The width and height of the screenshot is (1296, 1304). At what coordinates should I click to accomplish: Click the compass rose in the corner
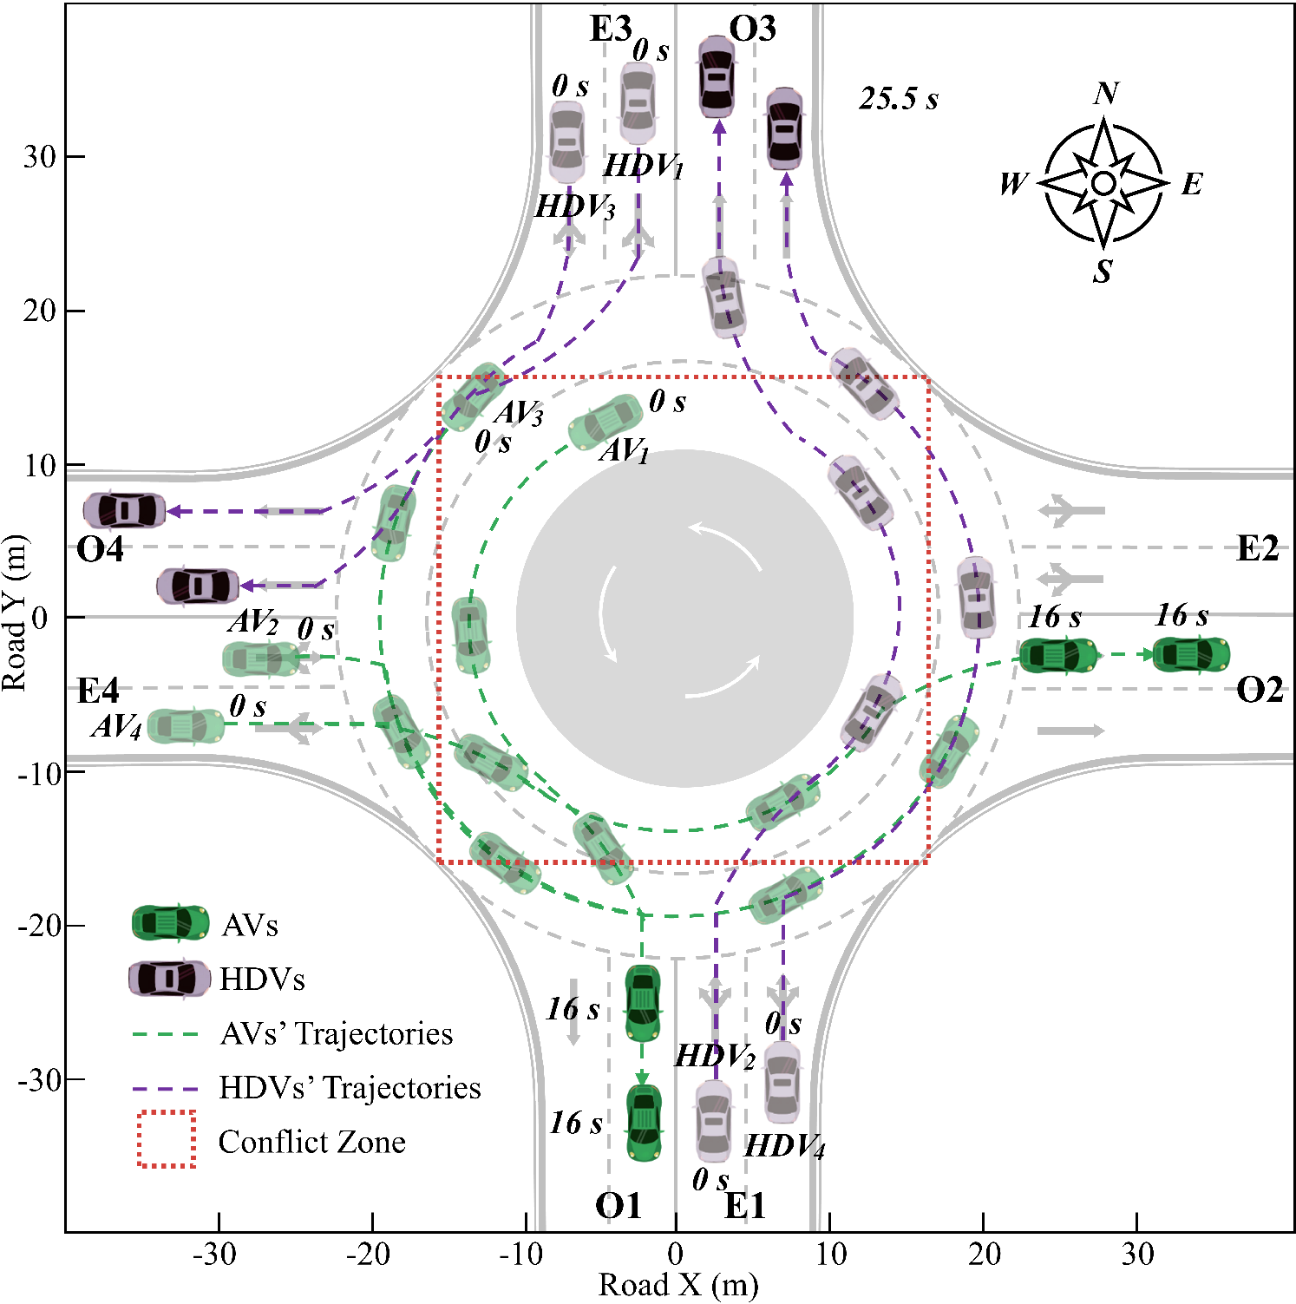click(x=1103, y=183)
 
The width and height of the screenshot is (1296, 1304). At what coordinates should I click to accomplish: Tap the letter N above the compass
click(x=1106, y=93)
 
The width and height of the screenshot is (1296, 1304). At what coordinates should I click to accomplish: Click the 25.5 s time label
click(x=899, y=99)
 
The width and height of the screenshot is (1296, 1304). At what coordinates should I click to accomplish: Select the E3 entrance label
click(x=610, y=29)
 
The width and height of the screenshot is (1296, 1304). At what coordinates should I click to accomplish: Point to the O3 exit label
click(x=752, y=29)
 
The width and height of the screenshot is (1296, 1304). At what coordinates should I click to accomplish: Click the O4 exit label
click(x=100, y=549)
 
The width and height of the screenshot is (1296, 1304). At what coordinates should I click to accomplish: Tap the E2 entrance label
click(x=1257, y=548)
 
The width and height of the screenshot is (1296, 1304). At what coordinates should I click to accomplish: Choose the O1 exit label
click(x=618, y=1205)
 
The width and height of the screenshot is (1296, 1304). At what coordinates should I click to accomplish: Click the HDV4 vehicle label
click(x=784, y=1147)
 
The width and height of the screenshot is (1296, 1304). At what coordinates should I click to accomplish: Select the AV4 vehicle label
click(x=116, y=726)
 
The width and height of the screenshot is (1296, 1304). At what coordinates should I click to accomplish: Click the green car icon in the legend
click(x=170, y=923)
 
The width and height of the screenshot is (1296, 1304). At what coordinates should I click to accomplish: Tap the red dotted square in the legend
click(x=167, y=1139)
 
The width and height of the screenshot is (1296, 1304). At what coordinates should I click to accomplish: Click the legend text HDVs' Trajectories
click(x=350, y=1087)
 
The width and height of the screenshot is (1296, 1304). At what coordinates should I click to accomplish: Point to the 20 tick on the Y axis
click(x=40, y=311)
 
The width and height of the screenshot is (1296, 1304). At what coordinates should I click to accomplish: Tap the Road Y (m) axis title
click(x=15, y=613)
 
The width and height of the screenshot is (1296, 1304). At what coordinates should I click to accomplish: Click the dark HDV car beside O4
click(x=125, y=510)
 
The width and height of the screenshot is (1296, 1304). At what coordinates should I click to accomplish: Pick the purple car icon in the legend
click(x=170, y=979)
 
